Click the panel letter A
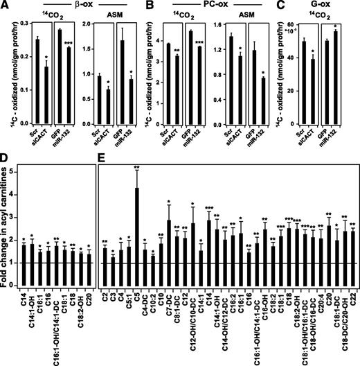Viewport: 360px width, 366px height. [5, 6]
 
